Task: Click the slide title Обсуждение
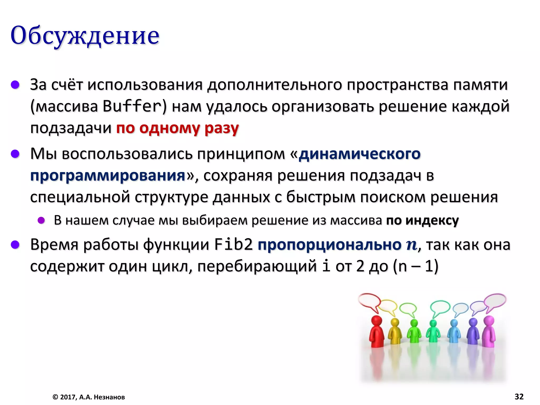tap(85, 35)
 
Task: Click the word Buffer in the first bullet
tap(132, 107)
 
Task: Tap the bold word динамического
tap(360, 154)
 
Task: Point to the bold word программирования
tap(108, 176)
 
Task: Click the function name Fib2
tap(233, 245)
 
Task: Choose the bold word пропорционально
tap(330, 245)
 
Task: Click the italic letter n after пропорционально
tap(412, 245)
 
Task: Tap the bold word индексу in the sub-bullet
tap(432, 220)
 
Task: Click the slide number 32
tap(519, 397)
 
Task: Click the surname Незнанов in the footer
tap(109, 397)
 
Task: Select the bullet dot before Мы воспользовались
tap(15, 153)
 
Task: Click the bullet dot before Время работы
tap(15, 245)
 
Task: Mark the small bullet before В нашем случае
tap(41, 220)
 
